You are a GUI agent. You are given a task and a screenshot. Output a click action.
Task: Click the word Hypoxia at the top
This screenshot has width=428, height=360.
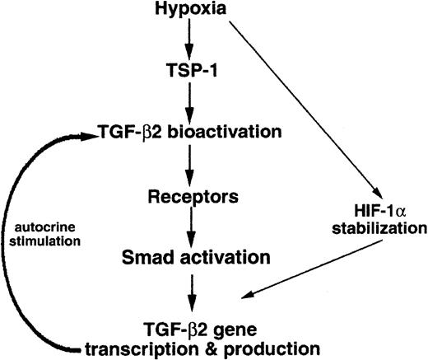tap(188, 10)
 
